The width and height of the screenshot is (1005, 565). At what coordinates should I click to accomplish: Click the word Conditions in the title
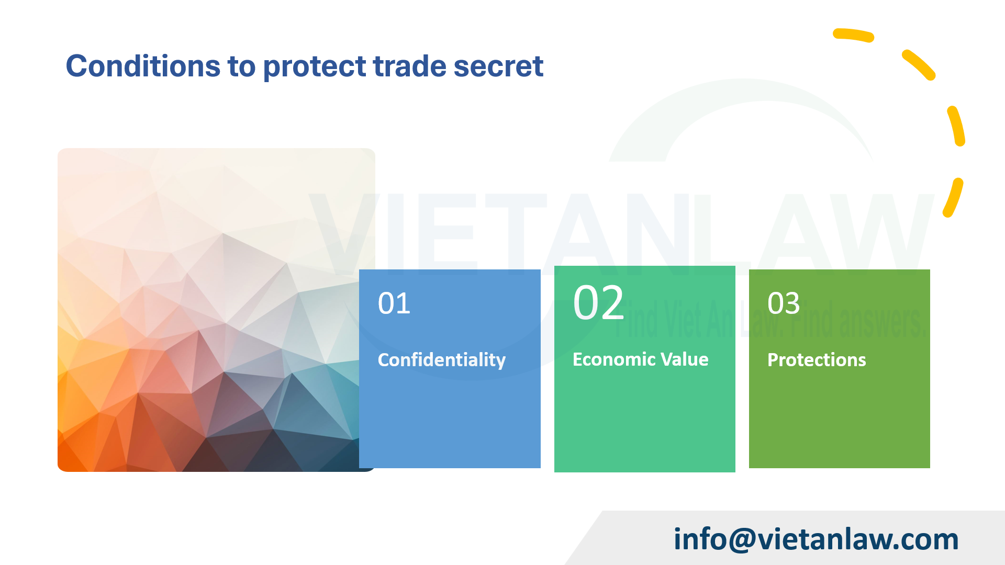143,66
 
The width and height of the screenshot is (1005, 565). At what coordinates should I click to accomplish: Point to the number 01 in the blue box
394,303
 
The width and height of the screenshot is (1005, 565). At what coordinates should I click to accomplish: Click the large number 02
598,303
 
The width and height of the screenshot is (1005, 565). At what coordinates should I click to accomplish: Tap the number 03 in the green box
784,303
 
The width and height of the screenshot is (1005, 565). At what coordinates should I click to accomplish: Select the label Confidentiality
441,360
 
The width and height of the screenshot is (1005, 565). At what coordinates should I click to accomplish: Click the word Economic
607,359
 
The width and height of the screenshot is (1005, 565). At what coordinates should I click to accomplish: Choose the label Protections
816,360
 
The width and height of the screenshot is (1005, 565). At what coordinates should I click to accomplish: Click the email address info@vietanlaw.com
816,539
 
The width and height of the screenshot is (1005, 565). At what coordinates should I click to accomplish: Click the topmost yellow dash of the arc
853,35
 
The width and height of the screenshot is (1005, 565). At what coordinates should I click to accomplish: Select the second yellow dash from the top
919,65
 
